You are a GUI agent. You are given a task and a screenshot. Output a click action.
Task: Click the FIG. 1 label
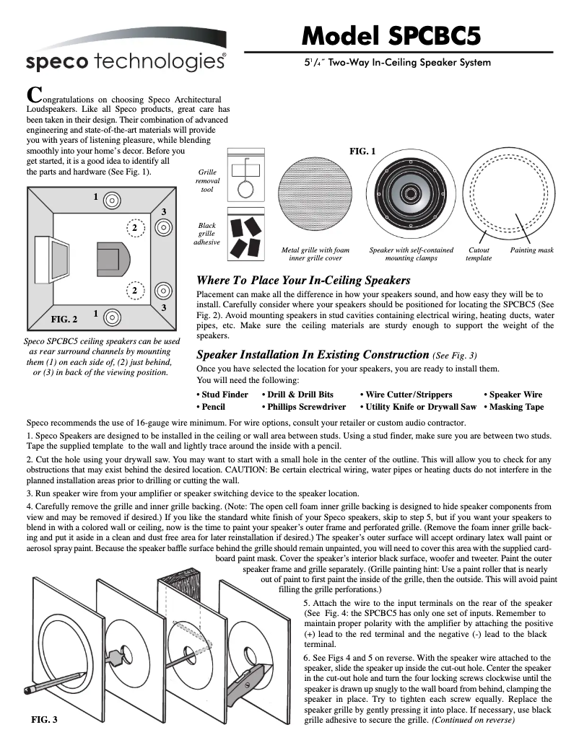coord(362,151)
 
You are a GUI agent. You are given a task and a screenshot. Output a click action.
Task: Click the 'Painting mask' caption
coord(531,250)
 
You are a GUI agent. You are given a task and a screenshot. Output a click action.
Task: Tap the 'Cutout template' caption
coord(479,254)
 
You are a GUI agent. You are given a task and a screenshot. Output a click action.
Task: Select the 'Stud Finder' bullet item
coord(222,395)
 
